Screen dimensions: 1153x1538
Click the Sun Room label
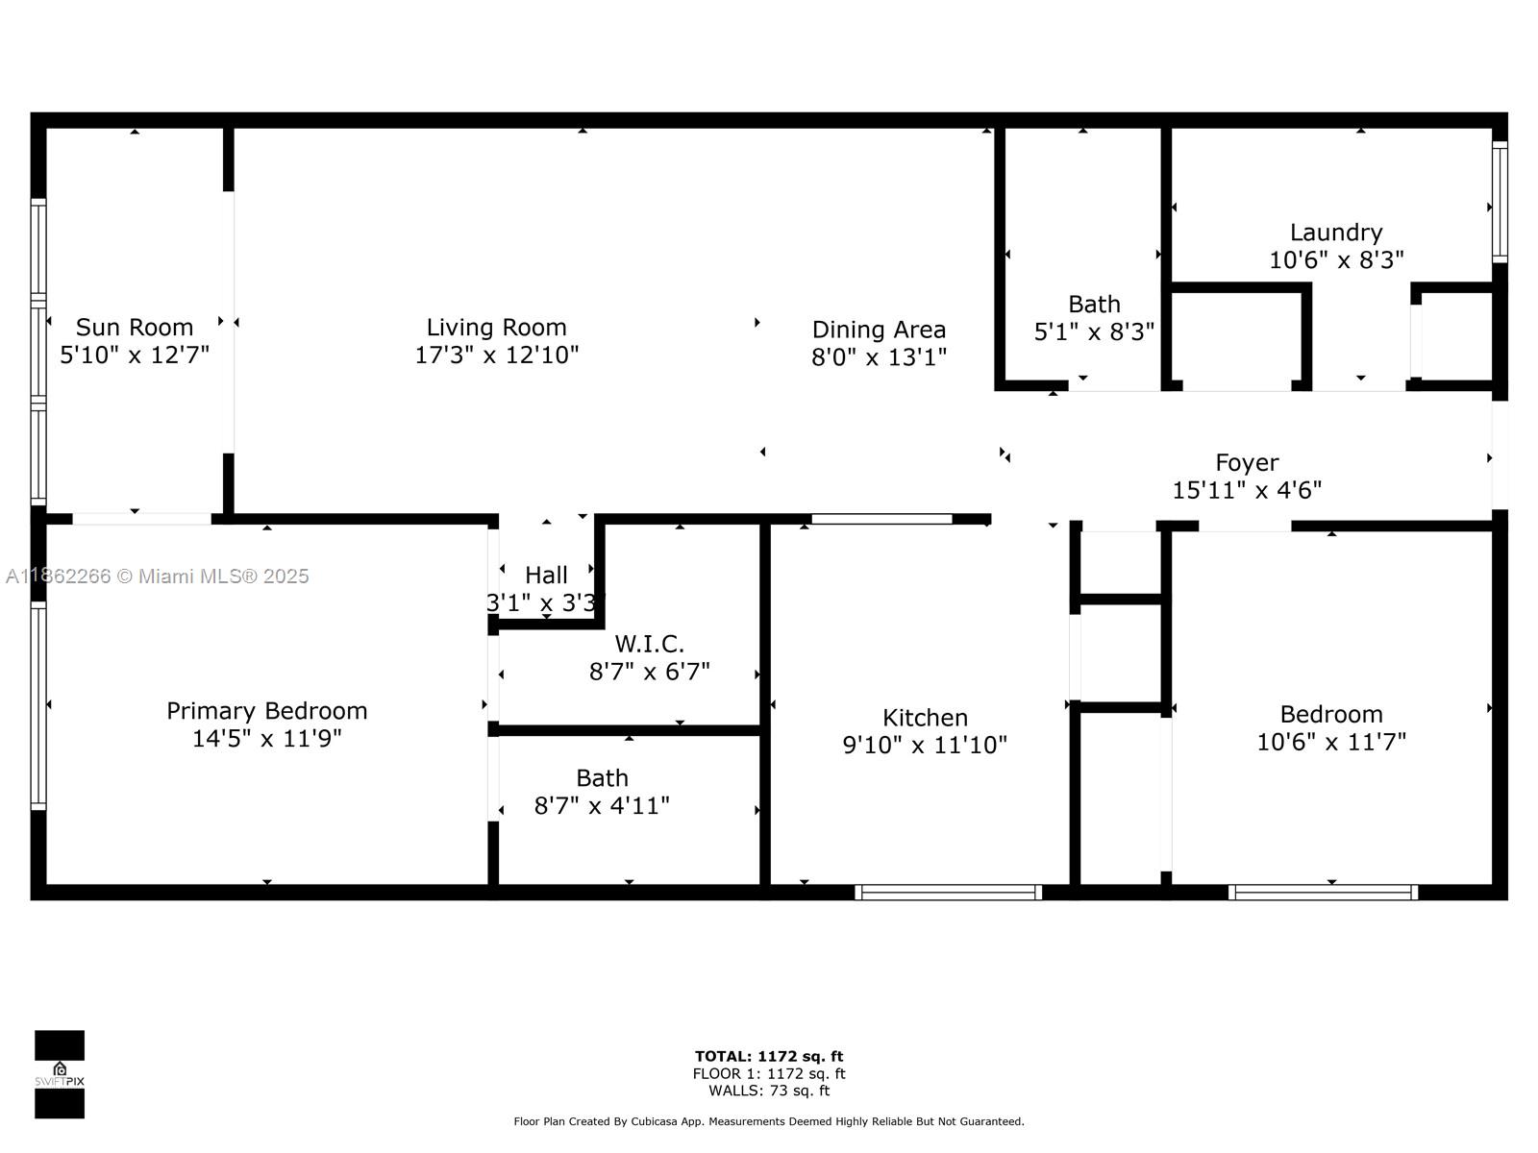coord(135,328)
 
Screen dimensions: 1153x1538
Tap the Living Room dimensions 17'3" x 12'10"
coord(496,356)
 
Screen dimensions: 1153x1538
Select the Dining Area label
coord(879,330)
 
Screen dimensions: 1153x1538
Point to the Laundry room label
coord(1335,233)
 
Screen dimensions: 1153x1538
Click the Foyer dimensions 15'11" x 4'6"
coord(1246,490)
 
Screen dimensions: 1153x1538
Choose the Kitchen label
coord(925,718)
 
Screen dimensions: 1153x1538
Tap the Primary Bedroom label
coord(266,711)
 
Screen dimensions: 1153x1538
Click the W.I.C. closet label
coord(649,644)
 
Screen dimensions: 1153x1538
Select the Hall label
coord(546,576)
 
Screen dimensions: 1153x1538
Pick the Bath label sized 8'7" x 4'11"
coord(602,778)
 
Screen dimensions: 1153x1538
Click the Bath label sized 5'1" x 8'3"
coord(1094,305)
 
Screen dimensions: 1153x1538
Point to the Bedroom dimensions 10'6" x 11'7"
coord(1330,742)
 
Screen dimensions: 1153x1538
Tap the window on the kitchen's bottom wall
coord(948,893)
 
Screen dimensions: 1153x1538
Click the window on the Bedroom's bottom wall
coord(1323,893)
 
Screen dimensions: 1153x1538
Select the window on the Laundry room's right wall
coord(1500,202)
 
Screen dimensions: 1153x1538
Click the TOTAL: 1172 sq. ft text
coord(769,1057)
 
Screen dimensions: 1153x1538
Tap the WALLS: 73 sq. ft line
coord(769,1091)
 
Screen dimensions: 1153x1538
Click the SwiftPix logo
coord(60,1074)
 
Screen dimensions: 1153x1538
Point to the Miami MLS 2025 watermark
coord(157,576)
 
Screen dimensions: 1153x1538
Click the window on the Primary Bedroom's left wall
coord(38,705)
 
